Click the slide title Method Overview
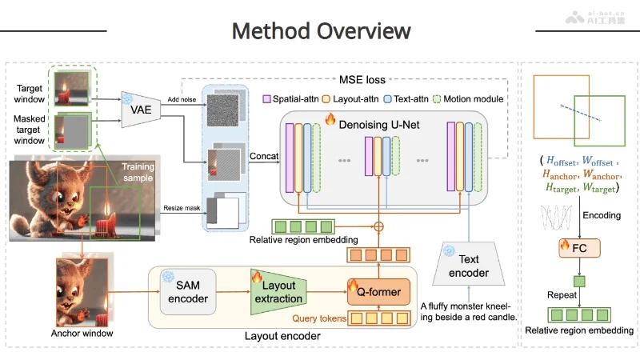tap(321, 31)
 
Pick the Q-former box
tap(374, 291)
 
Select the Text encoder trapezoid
tap(468, 266)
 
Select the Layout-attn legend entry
tap(353, 99)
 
